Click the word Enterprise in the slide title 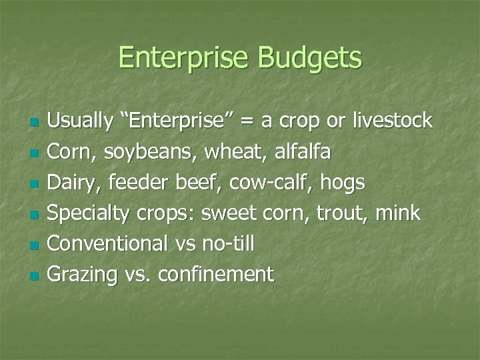(x=183, y=59)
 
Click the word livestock (x=394, y=121)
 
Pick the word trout (x=342, y=213)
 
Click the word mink (x=398, y=213)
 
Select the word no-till (x=227, y=244)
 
